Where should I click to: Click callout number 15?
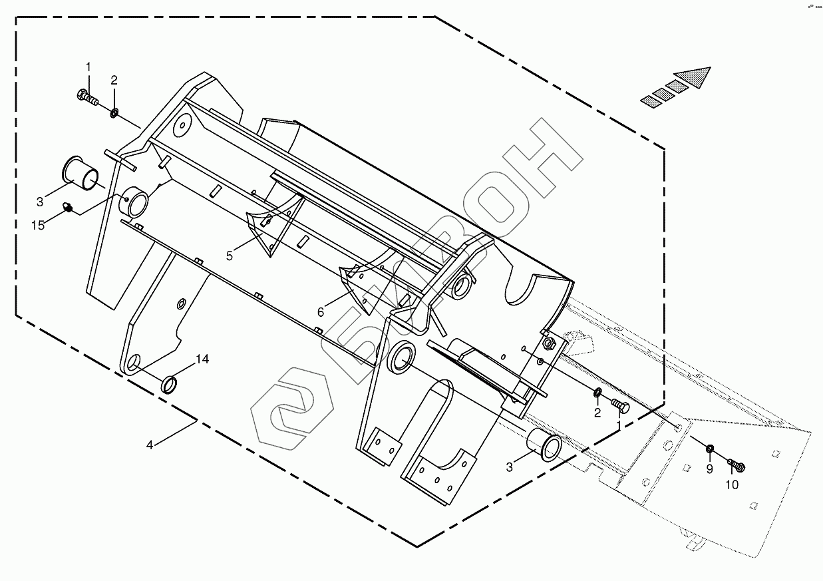click(39, 225)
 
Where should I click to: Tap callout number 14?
click(202, 359)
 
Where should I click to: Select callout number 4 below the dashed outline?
click(150, 444)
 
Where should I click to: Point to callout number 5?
click(229, 256)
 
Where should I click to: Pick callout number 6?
click(320, 311)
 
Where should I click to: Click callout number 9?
click(709, 469)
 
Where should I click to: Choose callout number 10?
click(731, 484)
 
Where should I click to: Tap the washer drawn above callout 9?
click(710, 449)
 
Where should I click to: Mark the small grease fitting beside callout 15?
click(67, 208)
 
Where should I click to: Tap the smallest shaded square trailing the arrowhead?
click(649, 101)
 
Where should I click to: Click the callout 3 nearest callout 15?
click(39, 202)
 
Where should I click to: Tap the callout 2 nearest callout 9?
click(597, 413)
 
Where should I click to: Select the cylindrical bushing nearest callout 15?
click(81, 170)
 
